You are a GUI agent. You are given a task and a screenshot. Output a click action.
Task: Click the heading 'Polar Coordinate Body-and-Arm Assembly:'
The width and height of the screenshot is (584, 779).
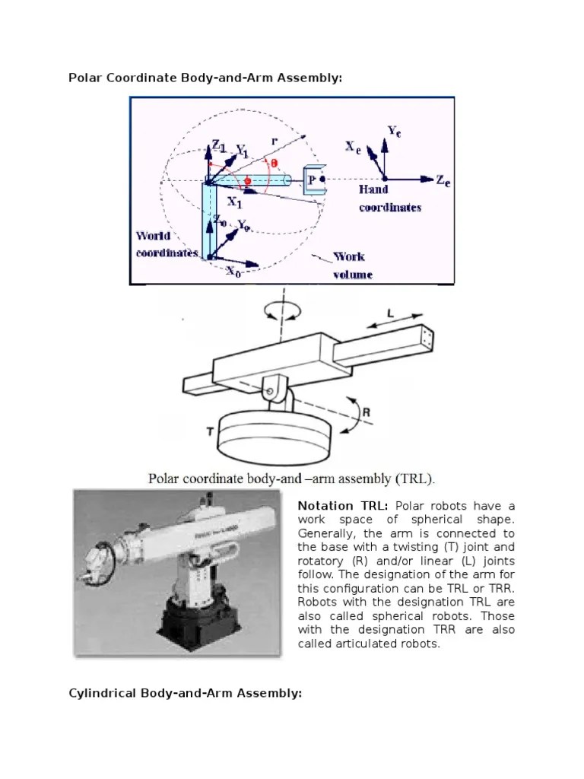tap(200, 77)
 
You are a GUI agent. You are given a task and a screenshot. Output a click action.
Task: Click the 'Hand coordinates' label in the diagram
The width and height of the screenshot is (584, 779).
tap(389, 198)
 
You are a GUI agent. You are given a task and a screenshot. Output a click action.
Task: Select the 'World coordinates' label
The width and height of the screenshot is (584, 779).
tap(167, 244)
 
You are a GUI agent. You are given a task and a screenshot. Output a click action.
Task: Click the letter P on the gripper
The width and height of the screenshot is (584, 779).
tap(310, 180)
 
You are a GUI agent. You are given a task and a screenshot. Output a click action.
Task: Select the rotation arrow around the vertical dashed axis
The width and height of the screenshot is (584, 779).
tap(281, 311)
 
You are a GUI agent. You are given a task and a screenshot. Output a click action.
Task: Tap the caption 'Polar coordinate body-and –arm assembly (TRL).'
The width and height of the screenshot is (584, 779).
tap(291, 479)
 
